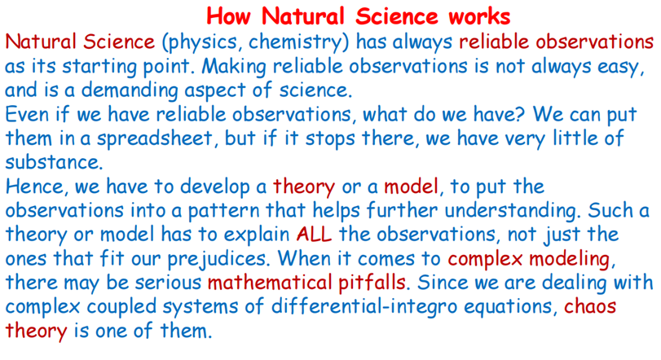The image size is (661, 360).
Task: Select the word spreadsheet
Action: coord(155,139)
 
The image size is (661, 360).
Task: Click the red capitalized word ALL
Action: coord(314,234)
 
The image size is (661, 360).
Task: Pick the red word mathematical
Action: coord(270,283)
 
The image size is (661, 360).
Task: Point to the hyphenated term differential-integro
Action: coord(364,307)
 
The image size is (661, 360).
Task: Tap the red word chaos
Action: coord(590,306)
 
